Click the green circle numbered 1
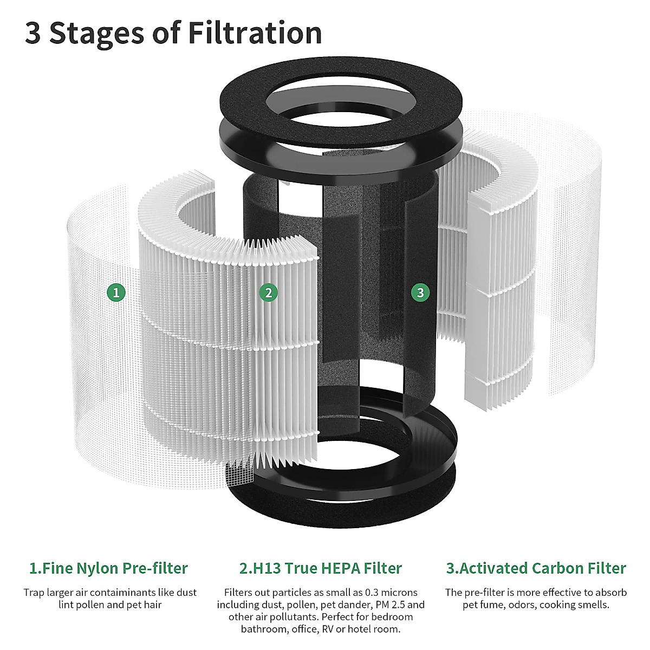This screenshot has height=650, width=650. coord(116,293)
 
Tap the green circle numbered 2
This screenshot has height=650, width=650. coord(268,293)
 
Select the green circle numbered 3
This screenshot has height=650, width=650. coord(420,293)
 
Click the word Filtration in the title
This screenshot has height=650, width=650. coord(255,33)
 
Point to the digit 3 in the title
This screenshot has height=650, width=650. coord(32,34)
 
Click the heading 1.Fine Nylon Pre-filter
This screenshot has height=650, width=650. coord(108,568)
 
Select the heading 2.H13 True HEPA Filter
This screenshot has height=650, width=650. coord(321,568)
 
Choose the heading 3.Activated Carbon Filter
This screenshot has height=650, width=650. coord(536,568)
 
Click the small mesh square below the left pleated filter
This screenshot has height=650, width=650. coord(240,472)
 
